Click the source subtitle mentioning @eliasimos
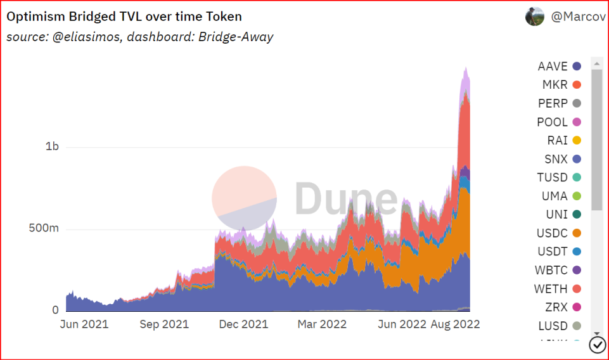139,37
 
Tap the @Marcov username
578,17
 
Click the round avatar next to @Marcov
535,16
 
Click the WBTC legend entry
558,270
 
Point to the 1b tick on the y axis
52,146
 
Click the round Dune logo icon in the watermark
244,198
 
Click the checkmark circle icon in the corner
598,344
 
